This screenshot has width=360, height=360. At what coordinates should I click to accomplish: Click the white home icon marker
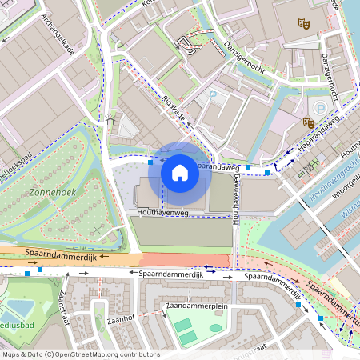(180, 172)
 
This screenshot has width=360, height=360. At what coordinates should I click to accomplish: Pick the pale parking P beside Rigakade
(214, 95)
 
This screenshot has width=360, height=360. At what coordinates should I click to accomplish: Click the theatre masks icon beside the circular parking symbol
(308, 122)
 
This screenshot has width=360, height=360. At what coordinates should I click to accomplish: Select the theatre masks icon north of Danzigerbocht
(302, 24)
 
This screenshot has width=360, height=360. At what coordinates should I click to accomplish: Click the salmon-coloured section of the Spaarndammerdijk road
(184, 260)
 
